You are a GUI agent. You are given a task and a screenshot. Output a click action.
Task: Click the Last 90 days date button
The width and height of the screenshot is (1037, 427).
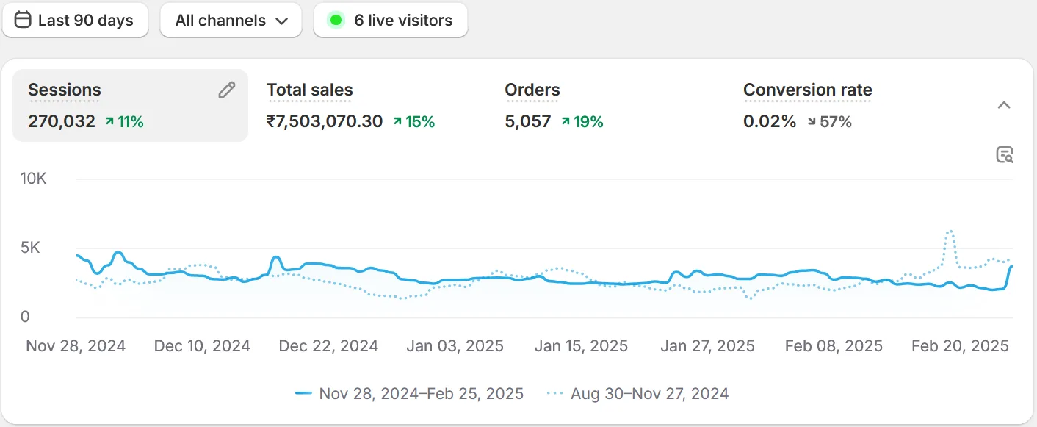coord(75,21)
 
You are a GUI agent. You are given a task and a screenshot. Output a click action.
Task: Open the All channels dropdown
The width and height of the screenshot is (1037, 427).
coord(231,21)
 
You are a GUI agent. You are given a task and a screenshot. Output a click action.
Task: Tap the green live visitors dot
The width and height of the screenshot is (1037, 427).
coord(336,21)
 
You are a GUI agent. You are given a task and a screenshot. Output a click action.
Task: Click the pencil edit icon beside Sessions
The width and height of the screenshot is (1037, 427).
coord(227,90)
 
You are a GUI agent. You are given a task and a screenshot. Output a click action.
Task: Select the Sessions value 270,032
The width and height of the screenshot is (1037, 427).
coord(62,121)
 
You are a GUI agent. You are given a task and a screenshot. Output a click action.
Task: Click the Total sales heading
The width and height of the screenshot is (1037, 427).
coord(309,90)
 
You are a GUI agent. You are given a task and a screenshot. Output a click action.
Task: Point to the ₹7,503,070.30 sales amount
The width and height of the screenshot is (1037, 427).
coord(325,121)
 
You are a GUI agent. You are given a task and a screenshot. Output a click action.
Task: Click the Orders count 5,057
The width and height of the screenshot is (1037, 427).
coord(527,121)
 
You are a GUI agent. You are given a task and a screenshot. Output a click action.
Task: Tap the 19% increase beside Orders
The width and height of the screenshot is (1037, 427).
coord(582,122)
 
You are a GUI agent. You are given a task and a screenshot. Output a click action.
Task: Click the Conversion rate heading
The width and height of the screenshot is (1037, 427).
coord(807,90)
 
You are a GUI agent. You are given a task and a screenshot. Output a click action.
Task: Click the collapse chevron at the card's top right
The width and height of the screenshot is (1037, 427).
coord(1004,105)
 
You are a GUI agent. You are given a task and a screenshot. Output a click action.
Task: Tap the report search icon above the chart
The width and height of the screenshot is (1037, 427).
coord(1004,154)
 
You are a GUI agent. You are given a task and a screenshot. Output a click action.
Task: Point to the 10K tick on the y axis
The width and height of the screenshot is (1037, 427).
coord(33,179)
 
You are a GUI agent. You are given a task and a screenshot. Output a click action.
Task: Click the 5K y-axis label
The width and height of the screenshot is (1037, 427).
coord(30,248)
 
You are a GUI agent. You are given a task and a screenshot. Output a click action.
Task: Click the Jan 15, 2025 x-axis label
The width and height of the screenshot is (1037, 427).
coord(581,346)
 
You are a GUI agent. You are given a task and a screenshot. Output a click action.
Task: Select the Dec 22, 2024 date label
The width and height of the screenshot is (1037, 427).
coord(328,346)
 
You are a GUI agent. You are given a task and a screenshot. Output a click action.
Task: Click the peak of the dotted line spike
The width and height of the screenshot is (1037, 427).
coord(950,231)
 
